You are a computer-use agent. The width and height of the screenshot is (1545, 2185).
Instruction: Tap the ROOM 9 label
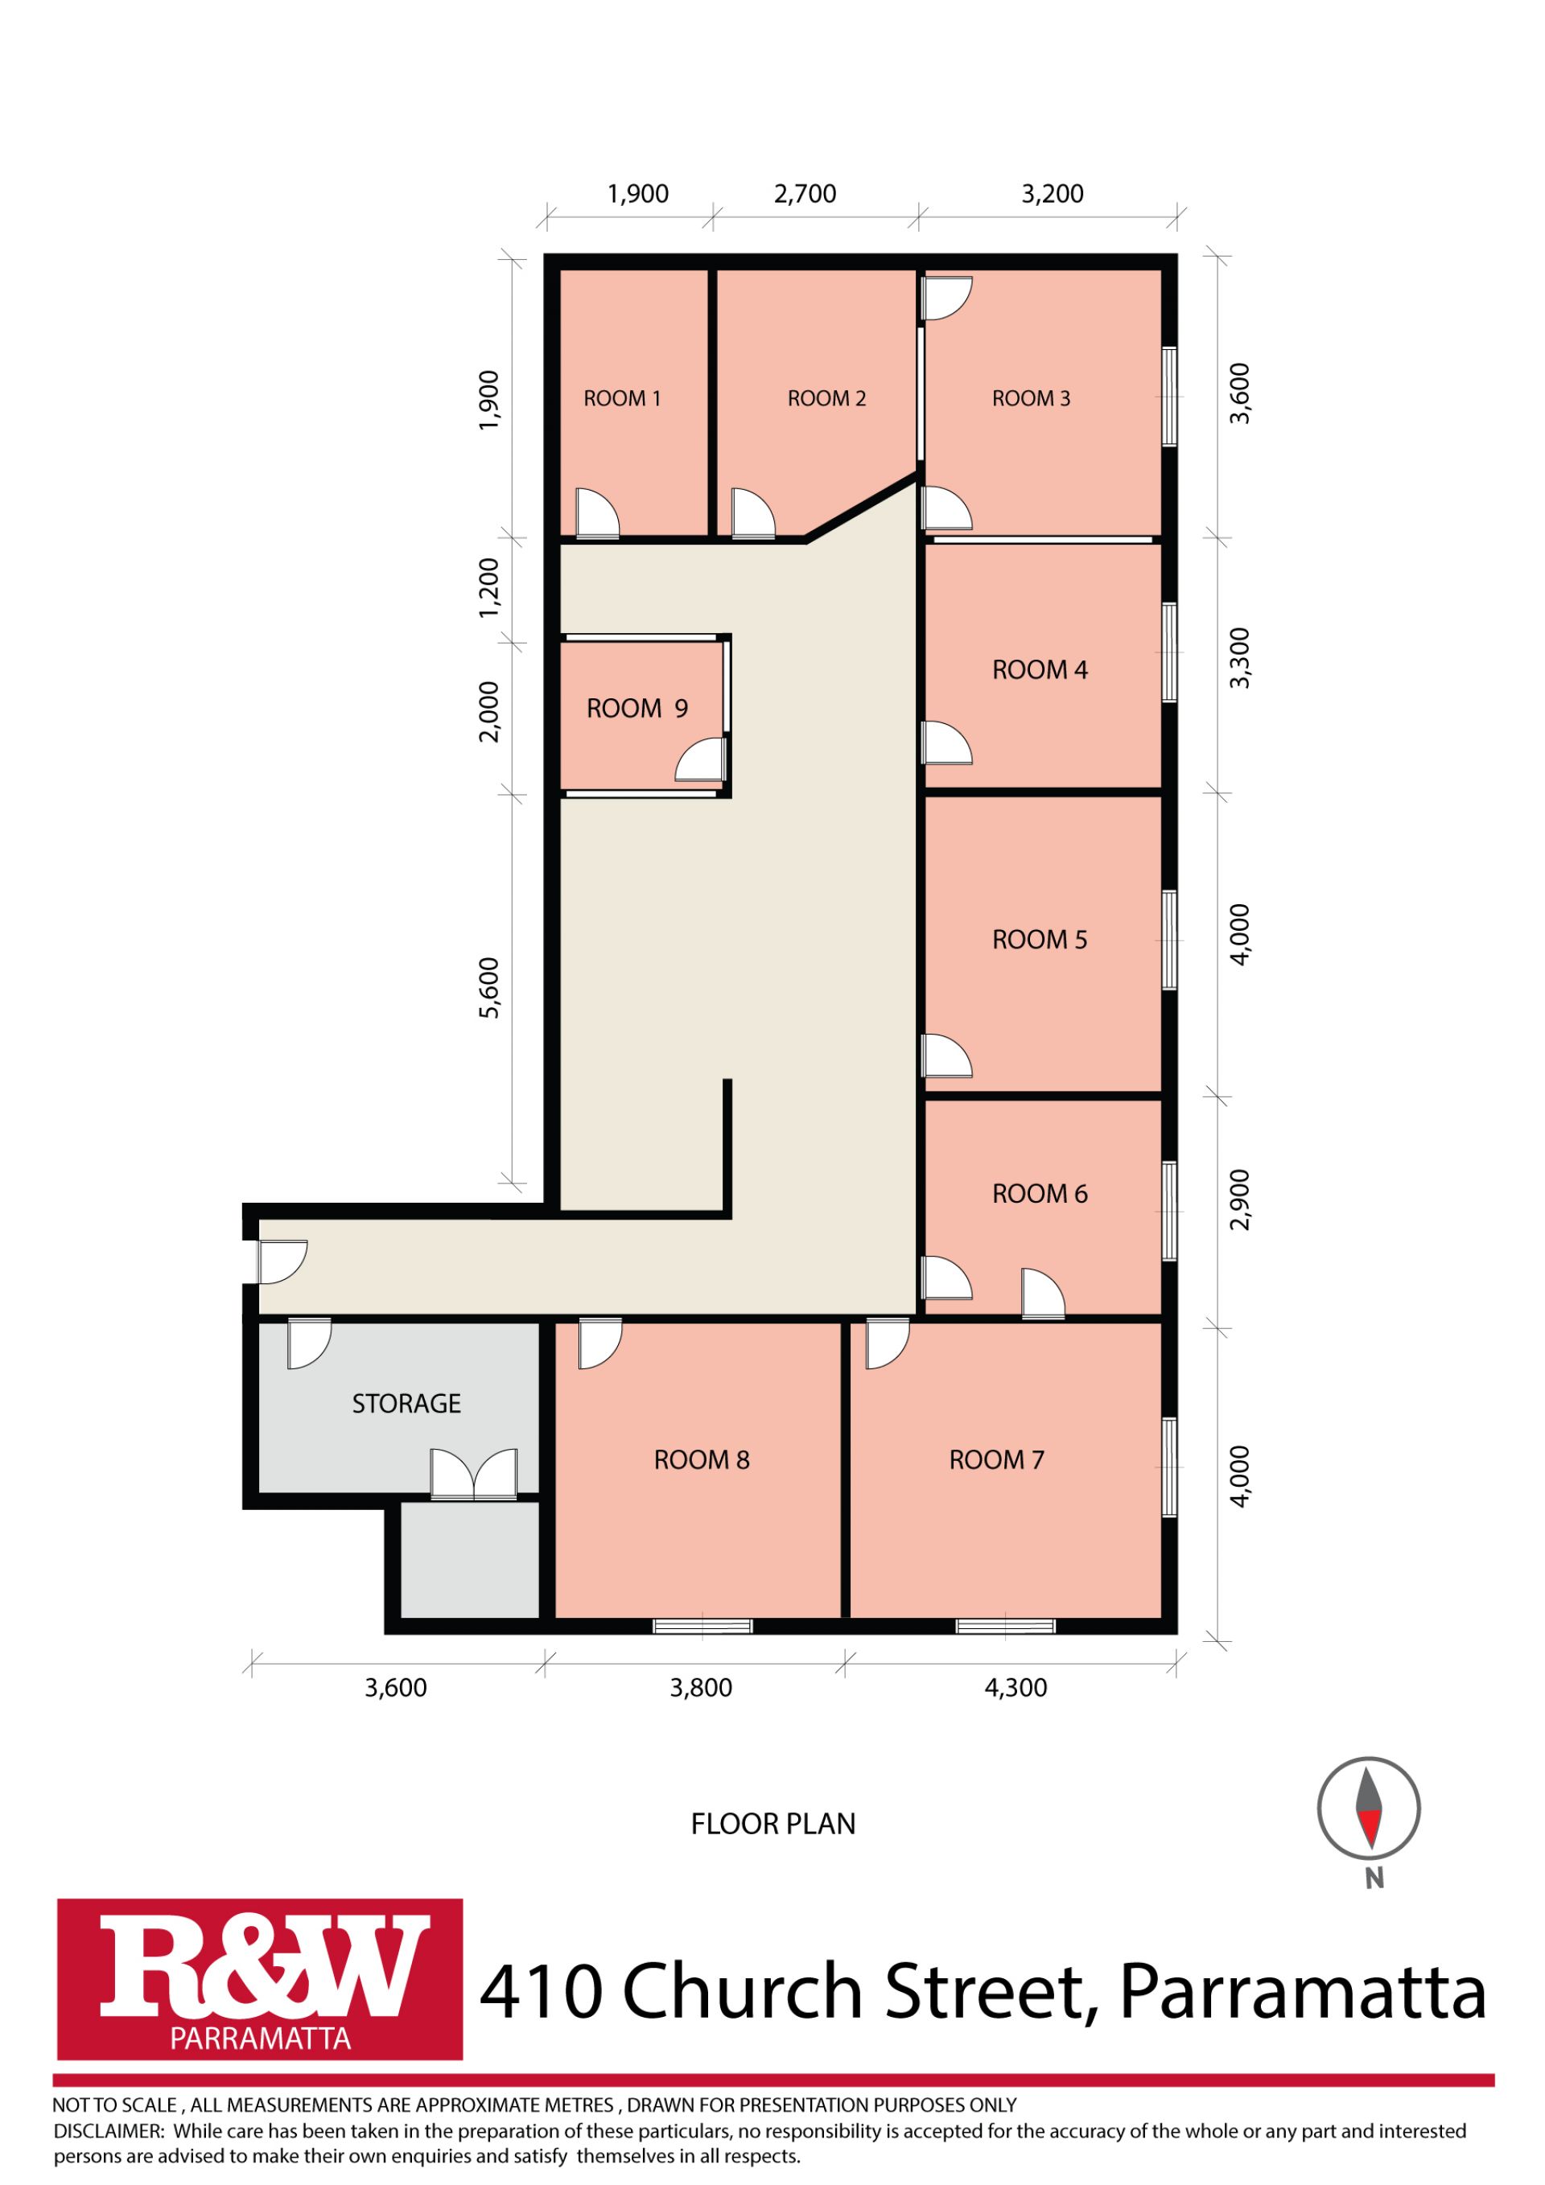click(x=637, y=709)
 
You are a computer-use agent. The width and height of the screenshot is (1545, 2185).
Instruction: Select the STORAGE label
click(x=406, y=1404)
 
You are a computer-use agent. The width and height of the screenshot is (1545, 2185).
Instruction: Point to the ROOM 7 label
click(x=997, y=1460)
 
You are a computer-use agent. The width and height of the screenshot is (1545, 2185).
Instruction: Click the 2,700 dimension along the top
click(x=805, y=194)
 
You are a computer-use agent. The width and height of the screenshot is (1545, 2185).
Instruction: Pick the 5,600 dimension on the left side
click(x=489, y=988)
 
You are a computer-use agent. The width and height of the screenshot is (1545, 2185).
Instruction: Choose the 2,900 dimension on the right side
click(x=1239, y=1200)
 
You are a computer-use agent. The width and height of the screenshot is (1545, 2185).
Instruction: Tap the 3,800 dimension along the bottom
click(x=701, y=1689)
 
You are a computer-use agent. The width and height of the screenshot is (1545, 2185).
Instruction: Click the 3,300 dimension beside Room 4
click(x=1239, y=657)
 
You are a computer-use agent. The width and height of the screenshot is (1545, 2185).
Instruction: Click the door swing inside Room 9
click(x=701, y=760)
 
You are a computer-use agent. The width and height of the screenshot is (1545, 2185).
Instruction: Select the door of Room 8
click(x=599, y=1344)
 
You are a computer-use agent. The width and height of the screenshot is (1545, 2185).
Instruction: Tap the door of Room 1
click(x=598, y=514)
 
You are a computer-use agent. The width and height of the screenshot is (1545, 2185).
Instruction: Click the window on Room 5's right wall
click(x=1170, y=940)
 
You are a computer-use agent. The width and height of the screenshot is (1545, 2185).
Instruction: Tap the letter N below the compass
click(x=1374, y=1879)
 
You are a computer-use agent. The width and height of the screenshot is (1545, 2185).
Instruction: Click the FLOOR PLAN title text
click(x=773, y=1825)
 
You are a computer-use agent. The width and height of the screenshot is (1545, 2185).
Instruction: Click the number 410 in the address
click(x=542, y=1992)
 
